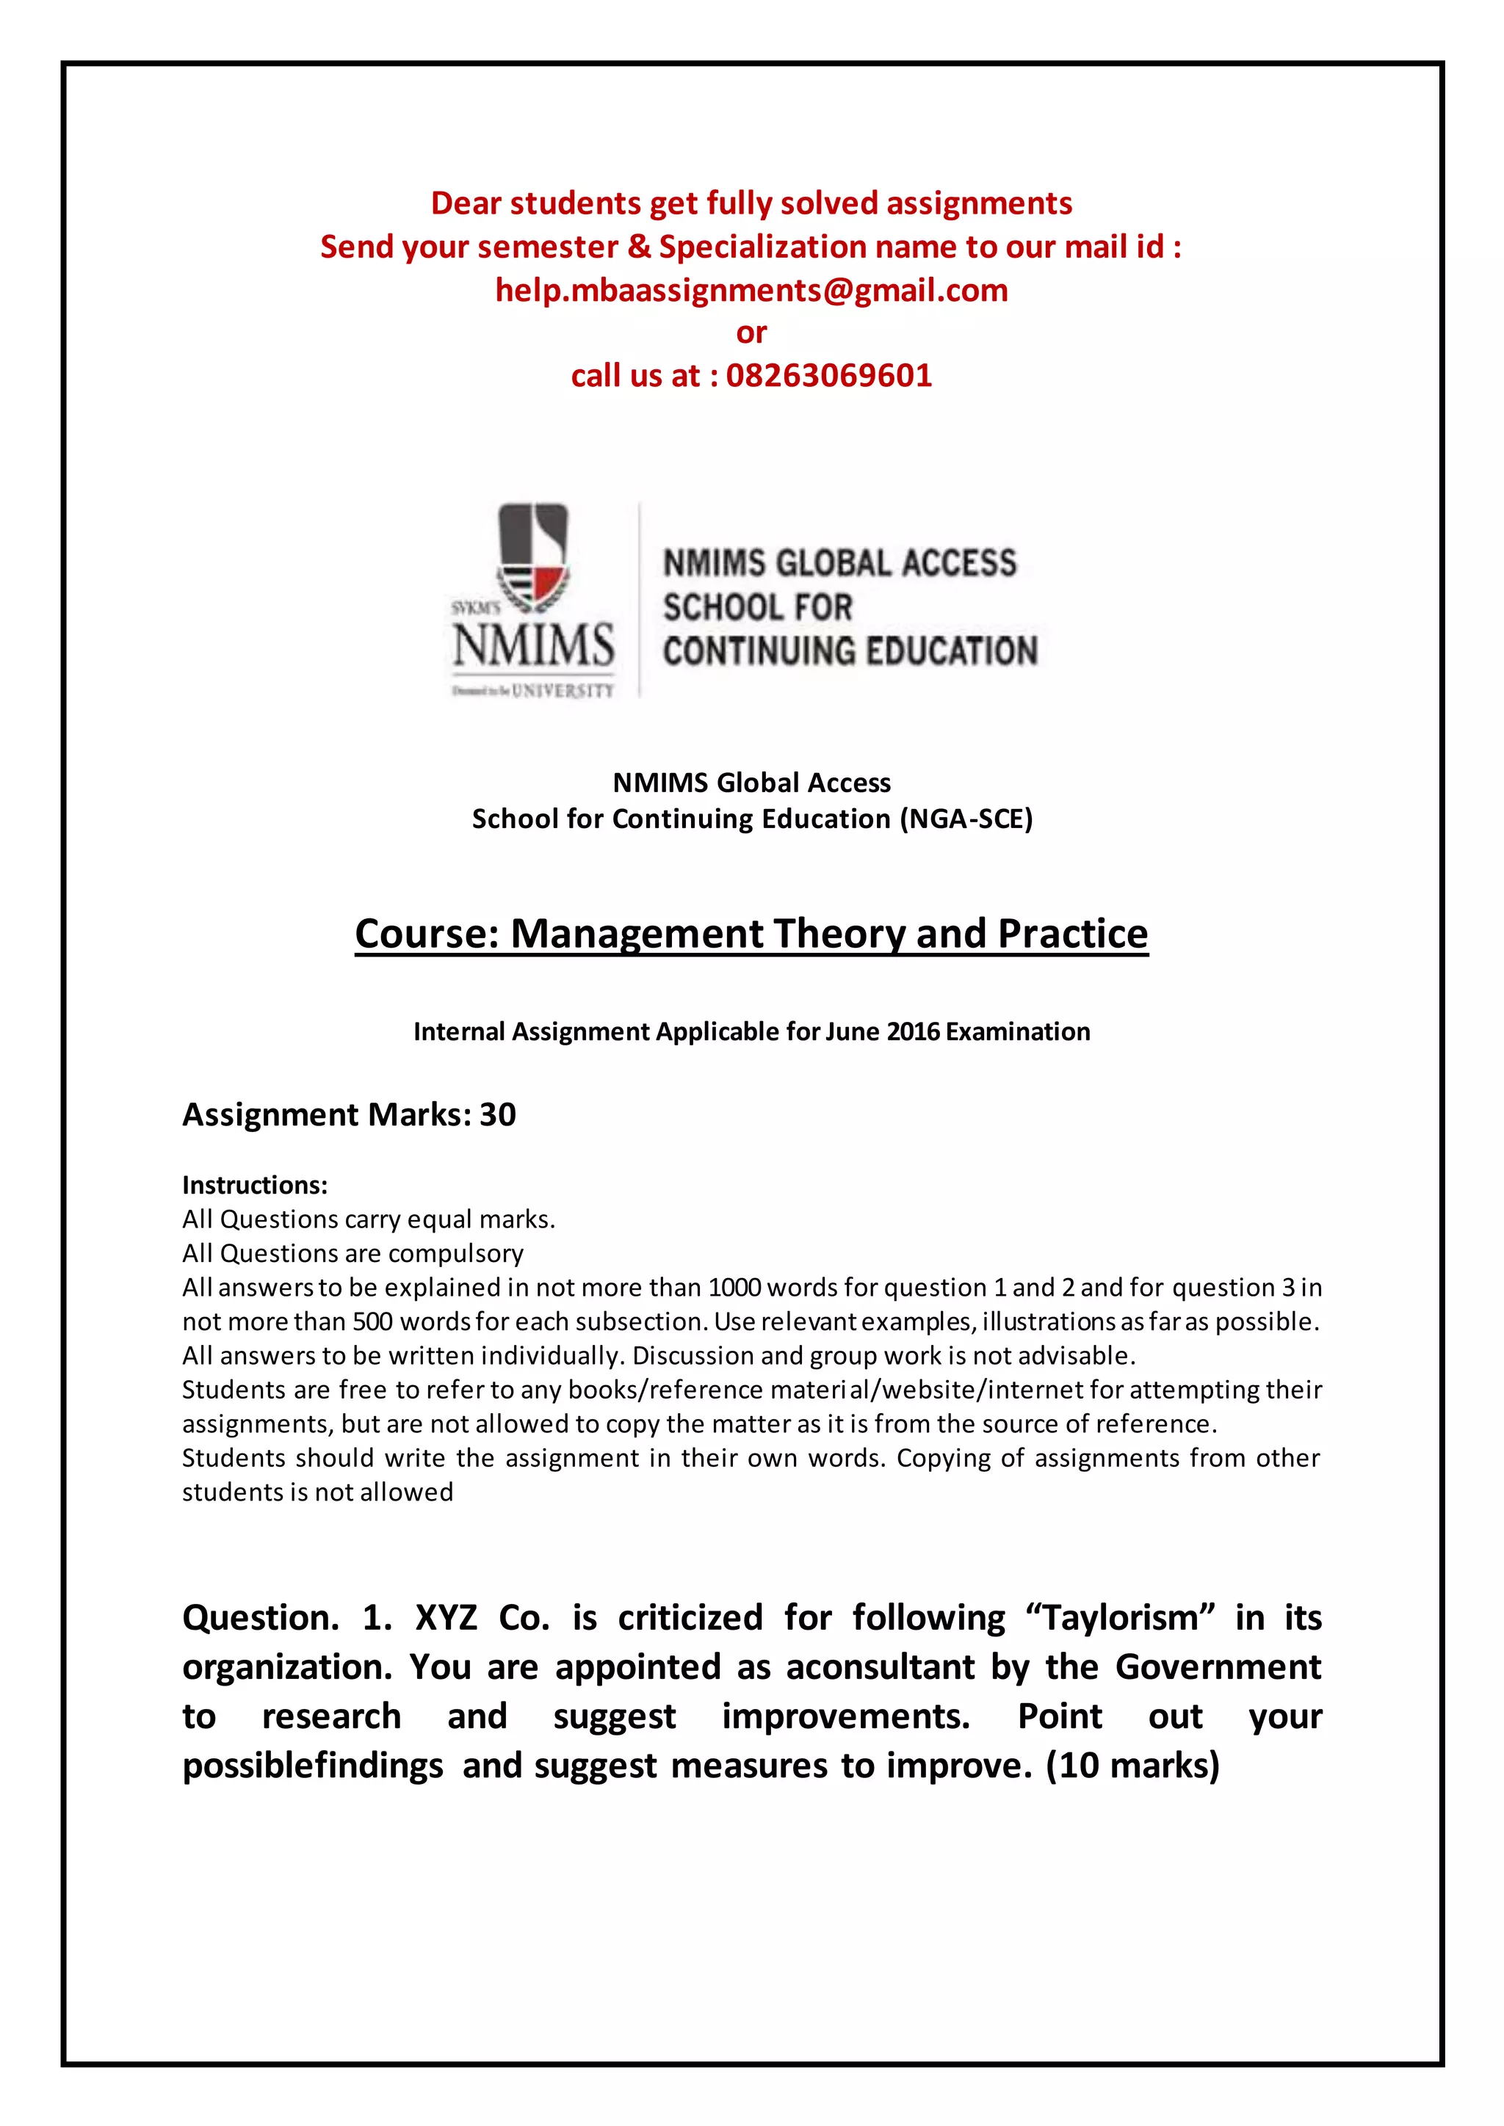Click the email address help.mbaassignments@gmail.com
point(751,291)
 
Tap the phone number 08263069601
point(829,376)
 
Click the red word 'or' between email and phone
point(751,333)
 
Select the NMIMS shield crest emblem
point(532,556)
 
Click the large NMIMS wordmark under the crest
point(533,645)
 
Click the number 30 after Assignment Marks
point(497,1115)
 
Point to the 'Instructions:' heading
point(255,1185)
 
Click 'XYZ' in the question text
point(446,1618)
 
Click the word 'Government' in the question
point(1217,1666)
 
